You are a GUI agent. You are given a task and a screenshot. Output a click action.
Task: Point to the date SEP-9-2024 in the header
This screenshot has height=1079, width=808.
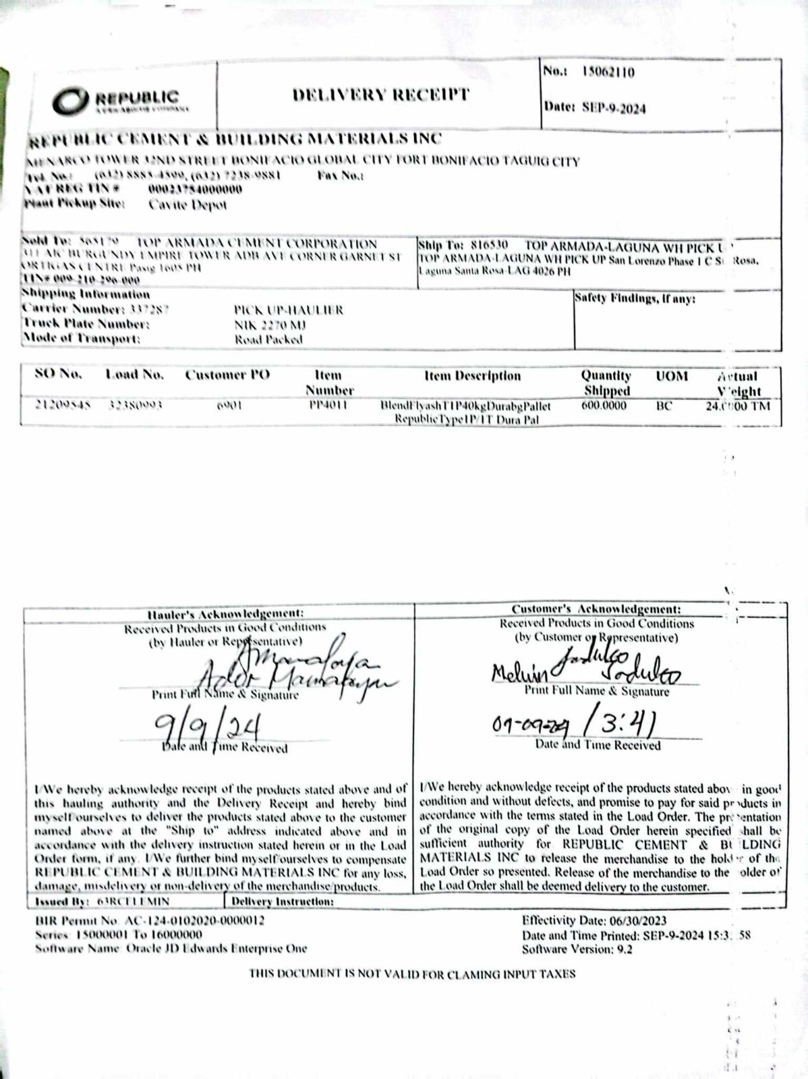pyautogui.click(x=613, y=107)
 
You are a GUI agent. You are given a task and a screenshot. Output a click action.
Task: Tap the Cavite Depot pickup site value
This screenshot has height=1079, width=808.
pyautogui.click(x=187, y=204)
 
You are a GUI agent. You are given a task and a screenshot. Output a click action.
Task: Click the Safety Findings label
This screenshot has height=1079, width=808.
pyautogui.click(x=635, y=298)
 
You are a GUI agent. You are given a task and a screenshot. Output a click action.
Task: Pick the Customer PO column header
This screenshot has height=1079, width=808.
pyautogui.click(x=227, y=375)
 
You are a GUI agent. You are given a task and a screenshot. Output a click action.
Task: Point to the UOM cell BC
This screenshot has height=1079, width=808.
pyautogui.click(x=664, y=406)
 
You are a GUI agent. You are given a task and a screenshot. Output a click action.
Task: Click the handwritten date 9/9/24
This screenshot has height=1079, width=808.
pyautogui.click(x=208, y=729)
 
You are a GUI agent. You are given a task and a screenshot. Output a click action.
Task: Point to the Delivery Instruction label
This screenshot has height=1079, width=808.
pyautogui.click(x=283, y=901)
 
